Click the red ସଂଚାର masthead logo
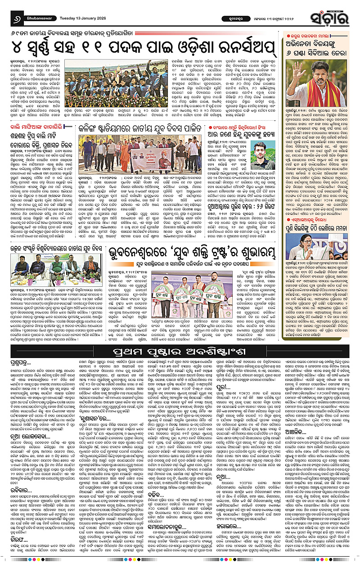335,18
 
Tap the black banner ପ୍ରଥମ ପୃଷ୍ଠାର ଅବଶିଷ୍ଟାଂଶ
180,349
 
